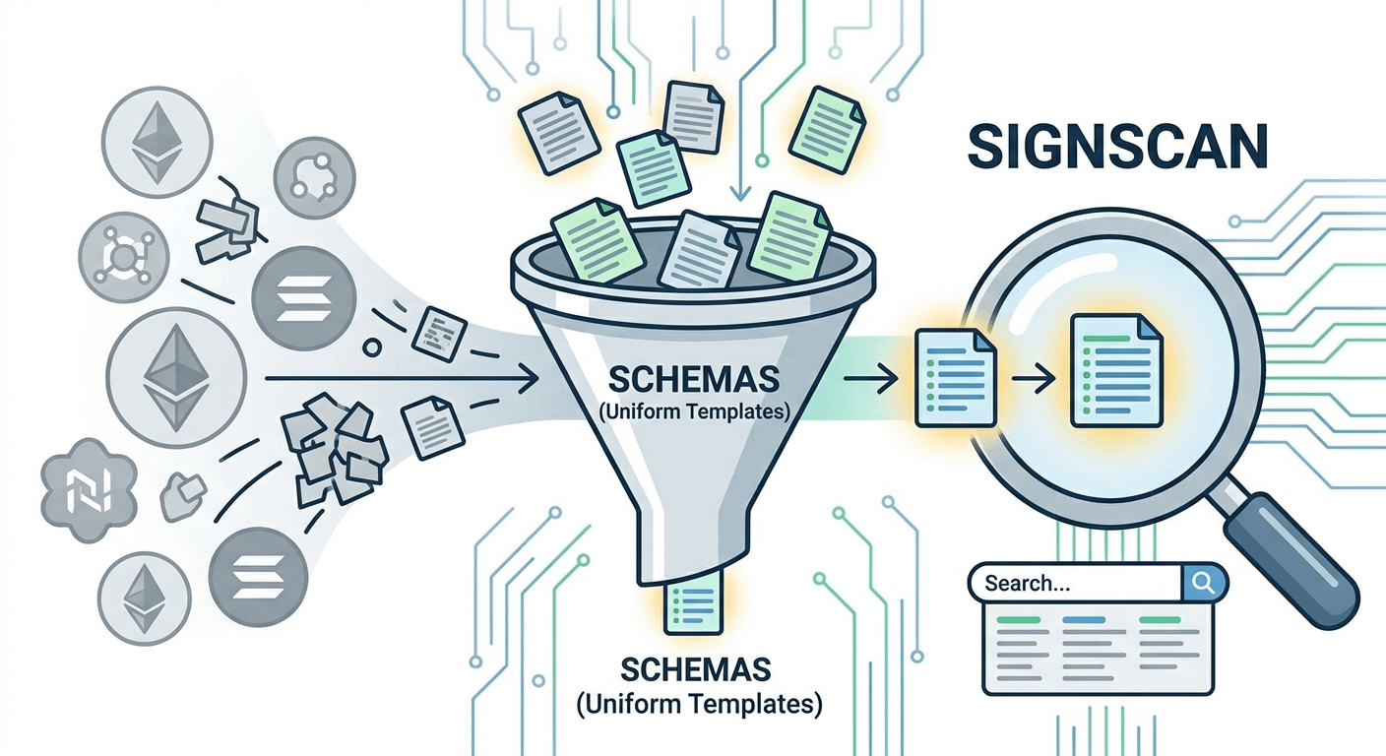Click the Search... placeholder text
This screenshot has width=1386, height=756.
[1027, 583]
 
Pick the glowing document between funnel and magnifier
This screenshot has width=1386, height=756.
[951, 378]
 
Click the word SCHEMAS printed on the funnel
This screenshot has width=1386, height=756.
[694, 379]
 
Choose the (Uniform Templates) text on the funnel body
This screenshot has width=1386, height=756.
[694, 412]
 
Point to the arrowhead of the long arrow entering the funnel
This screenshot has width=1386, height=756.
[530, 378]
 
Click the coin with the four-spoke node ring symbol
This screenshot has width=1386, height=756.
[122, 259]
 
